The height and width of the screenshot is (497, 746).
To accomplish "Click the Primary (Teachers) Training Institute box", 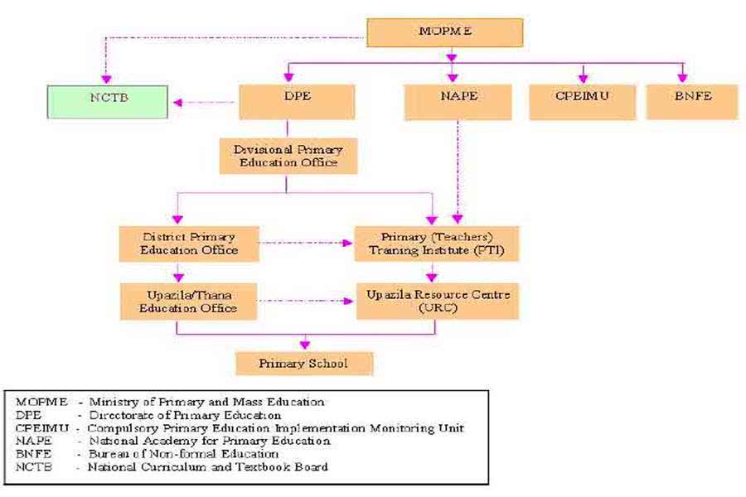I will pyautogui.click(x=437, y=243).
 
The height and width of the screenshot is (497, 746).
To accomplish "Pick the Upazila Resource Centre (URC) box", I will pyautogui.click(x=437, y=302).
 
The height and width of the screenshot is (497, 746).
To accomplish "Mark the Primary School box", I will pyautogui.click(x=303, y=364).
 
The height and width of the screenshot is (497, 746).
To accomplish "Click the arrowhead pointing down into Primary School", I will pyautogui.click(x=304, y=344).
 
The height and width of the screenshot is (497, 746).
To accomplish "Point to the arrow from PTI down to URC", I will pyautogui.click(x=432, y=273).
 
